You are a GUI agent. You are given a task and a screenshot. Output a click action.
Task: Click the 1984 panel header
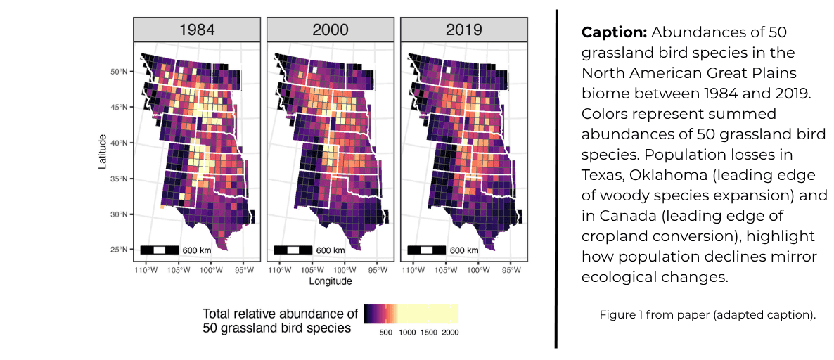point(197,30)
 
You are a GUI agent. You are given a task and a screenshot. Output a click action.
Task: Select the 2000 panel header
point(331,30)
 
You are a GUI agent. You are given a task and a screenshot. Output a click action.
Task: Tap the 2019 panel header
point(464,30)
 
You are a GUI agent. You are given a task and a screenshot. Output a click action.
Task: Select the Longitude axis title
point(331,281)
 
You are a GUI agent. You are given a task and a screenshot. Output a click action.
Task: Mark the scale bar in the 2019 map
point(427,250)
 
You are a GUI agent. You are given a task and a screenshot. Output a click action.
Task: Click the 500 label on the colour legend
point(385,333)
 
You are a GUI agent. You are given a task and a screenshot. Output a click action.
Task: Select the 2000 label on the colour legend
point(450,333)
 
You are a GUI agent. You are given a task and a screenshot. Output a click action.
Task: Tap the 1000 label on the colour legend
point(407,333)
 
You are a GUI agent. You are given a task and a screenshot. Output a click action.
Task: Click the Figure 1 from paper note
point(707,314)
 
